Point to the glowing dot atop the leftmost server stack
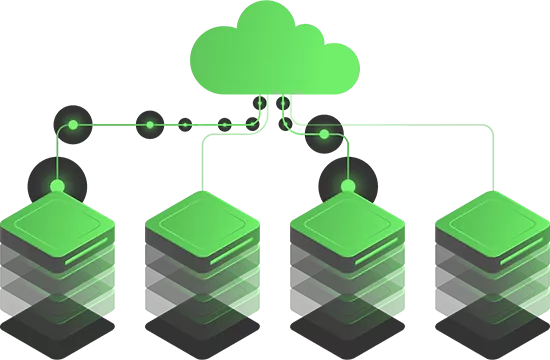click(x=58, y=186)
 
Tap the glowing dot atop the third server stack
click(x=348, y=186)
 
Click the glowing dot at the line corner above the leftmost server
click(x=73, y=125)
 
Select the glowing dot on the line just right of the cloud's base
click(x=324, y=133)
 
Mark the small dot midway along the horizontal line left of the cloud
click(x=150, y=125)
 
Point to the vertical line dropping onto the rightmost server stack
click(x=492, y=160)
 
